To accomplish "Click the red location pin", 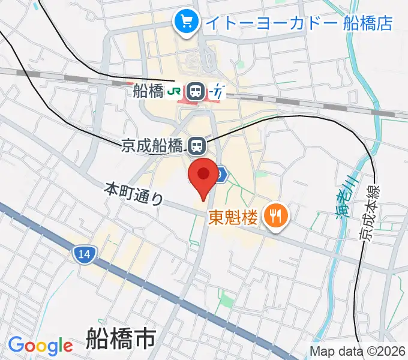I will (x=203, y=175).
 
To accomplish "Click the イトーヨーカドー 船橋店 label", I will (x=298, y=23).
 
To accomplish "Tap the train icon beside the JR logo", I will (x=195, y=92).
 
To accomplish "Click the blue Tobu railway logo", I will (x=218, y=92).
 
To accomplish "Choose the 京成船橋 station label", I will (x=152, y=145).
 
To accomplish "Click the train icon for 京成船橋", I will (x=196, y=145).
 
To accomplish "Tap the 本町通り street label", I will (x=134, y=193).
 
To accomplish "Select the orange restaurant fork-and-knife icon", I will (x=275, y=216).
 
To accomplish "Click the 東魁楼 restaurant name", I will (x=233, y=217).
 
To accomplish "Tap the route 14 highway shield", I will (x=84, y=254).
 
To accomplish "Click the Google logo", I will (x=40, y=346).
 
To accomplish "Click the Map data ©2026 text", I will (x=358, y=351).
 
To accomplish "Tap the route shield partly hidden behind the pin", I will (x=221, y=174).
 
